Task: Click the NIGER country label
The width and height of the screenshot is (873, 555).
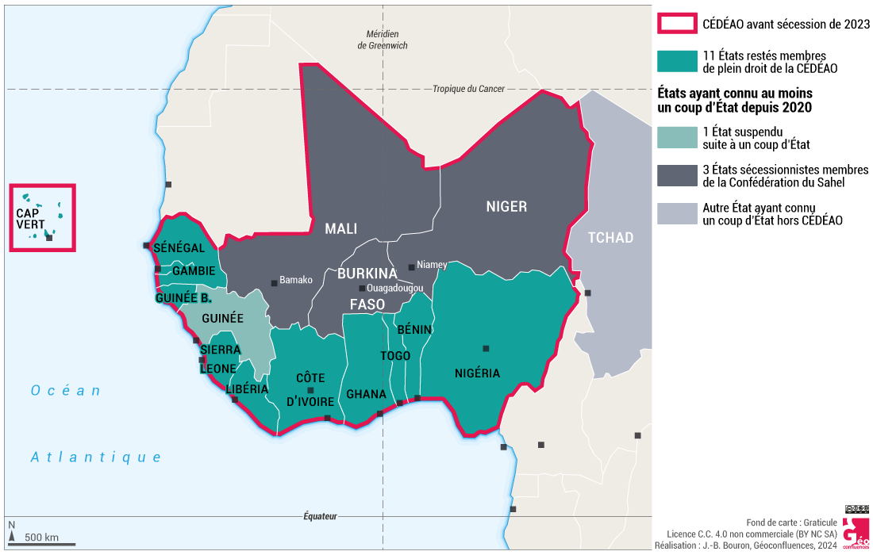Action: coord(506,207)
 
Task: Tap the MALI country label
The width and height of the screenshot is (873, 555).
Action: coord(340,229)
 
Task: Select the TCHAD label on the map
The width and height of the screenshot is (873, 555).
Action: coord(610,238)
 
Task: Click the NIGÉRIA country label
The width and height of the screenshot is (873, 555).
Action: coord(477,373)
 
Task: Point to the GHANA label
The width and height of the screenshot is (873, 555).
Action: coord(366,394)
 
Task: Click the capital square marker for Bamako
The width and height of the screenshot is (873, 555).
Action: coord(275,281)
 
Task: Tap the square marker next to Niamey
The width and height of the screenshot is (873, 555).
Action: coord(410,267)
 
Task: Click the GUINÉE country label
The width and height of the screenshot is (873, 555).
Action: coord(222,318)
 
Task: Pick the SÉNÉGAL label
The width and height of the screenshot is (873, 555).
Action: coord(179,248)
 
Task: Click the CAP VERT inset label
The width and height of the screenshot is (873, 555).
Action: coord(31,219)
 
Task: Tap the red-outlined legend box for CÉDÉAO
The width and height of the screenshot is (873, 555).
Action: coord(676,24)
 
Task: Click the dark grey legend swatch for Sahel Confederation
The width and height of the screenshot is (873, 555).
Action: coord(676,176)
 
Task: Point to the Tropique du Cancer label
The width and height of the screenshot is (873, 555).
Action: coord(468,89)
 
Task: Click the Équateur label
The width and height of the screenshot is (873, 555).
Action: coord(320,516)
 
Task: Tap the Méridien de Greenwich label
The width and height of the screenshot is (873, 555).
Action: coord(383,40)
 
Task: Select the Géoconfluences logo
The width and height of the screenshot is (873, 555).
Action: coord(855,531)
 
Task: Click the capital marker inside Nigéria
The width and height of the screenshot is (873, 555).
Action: coord(486,348)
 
